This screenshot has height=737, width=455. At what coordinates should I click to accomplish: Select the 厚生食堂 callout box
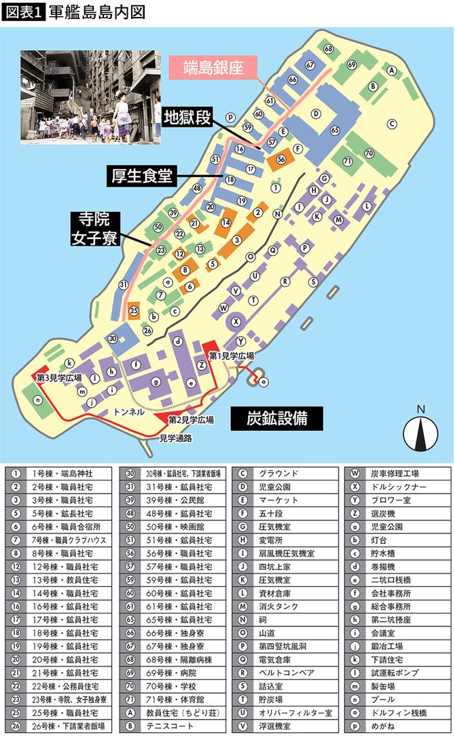[x=141, y=176]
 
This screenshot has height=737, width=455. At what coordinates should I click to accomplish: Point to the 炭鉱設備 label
[x=276, y=417]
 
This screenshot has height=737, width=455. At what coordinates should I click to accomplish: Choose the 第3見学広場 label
[x=59, y=378]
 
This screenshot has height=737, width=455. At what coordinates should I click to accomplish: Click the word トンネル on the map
[x=128, y=412]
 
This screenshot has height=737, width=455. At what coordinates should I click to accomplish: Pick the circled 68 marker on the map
[x=329, y=49]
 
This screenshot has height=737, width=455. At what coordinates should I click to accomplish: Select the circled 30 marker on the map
[x=113, y=339]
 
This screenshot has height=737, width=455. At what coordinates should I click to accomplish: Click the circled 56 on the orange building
[x=281, y=159]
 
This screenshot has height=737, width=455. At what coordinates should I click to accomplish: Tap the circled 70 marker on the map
[x=369, y=153]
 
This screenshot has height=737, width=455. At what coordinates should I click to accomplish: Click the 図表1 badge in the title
[x=23, y=12]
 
